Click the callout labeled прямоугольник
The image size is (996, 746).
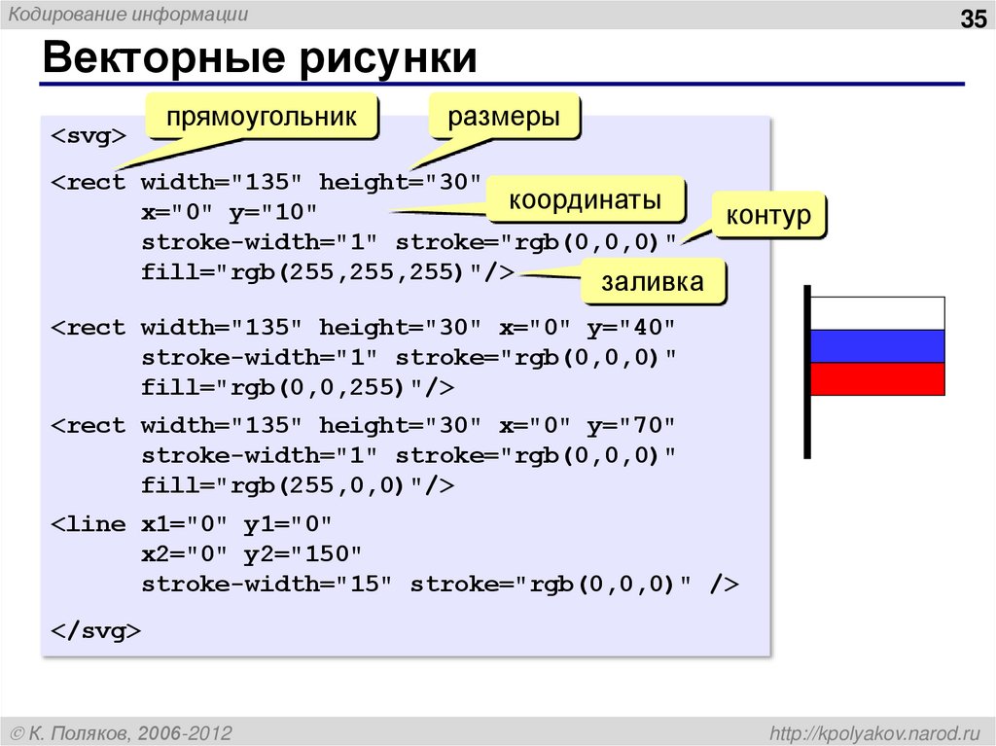[x=261, y=119]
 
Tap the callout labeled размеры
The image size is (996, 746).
[x=504, y=119]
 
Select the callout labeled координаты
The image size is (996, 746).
[x=586, y=201]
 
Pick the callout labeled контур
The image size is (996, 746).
[x=768, y=215]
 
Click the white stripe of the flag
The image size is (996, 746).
[x=877, y=313]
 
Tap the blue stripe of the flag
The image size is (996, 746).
[x=877, y=346]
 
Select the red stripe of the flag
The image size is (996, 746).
[x=877, y=379]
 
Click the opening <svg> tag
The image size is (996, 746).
[x=88, y=135]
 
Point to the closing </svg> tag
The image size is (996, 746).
[x=95, y=631]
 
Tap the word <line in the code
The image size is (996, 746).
[x=89, y=524]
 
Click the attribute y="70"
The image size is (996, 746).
[x=629, y=426]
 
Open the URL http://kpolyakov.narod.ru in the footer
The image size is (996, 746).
[x=874, y=731]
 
